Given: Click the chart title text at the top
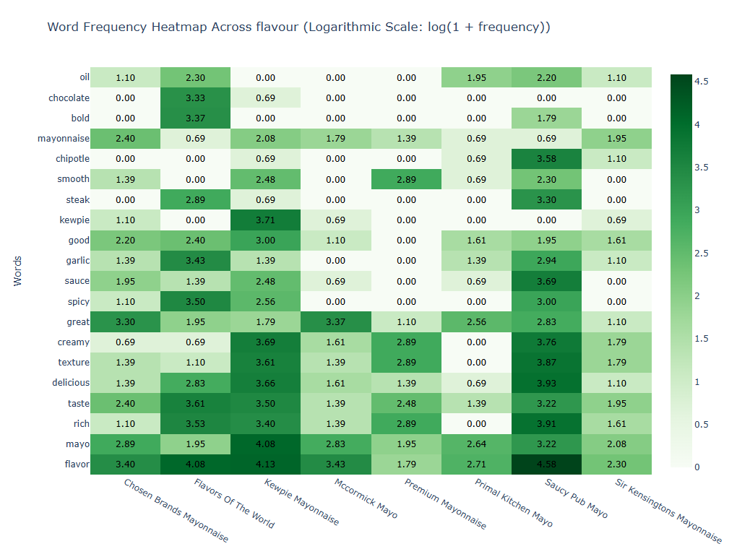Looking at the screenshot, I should [298, 27].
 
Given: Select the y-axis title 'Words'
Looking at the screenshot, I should [18, 271].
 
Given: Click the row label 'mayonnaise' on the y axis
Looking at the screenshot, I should [64, 139].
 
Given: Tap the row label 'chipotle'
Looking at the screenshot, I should [72, 159].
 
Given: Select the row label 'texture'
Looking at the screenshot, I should [74, 363].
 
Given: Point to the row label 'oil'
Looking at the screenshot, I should [84, 78].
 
